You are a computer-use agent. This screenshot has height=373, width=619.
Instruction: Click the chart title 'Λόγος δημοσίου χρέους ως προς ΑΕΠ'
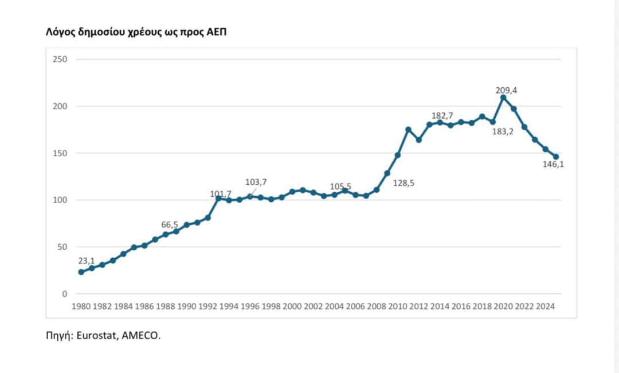[136, 32]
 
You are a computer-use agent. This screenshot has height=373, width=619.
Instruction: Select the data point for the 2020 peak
[503, 98]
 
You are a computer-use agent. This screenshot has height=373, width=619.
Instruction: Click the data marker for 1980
[81, 272]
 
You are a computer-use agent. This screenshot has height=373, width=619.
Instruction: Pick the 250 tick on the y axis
[60, 59]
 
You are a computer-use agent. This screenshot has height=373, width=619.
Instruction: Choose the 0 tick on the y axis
[65, 294]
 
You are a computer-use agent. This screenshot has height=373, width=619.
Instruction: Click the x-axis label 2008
[377, 306]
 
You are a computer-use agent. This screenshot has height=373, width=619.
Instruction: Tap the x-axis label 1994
[229, 306]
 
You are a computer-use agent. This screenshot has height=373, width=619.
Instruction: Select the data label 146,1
[553, 165]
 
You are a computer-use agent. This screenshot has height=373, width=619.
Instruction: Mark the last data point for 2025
[556, 157]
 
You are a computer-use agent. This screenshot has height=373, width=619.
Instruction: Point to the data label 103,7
[256, 182]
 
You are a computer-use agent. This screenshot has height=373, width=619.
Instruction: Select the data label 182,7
[442, 116]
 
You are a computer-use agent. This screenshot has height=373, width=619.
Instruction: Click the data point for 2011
[408, 130]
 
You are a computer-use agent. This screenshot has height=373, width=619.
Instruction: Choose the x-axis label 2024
[546, 306]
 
